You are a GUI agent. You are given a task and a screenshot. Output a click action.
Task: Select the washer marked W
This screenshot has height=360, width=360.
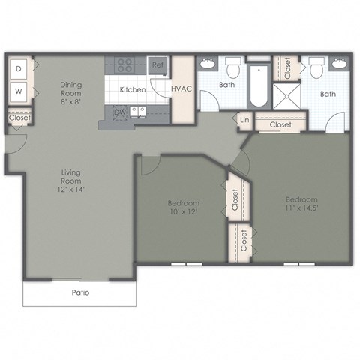[x=19, y=93]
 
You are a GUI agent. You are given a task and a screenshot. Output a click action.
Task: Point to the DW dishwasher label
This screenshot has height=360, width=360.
[x=120, y=112]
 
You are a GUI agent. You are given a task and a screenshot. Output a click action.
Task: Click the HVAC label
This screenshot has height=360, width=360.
[x=181, y=89]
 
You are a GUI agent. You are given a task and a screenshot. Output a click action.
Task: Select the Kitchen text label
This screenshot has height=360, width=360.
[x=133, y=89]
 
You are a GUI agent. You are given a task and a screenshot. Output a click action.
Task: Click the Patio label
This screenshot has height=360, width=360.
[x=80, y=292]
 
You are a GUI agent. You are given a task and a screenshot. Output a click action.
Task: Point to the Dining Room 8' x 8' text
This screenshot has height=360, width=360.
[x=72, y=90]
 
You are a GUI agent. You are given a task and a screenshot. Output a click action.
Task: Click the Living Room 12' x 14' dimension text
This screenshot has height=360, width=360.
[x=73, y=184]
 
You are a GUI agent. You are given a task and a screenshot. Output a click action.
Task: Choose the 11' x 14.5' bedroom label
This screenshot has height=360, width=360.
[x=301, y=205]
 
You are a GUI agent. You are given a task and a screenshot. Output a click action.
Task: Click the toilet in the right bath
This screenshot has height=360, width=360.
[x=316, y=70]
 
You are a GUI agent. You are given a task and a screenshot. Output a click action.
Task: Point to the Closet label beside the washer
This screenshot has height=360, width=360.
[x=19, y=118]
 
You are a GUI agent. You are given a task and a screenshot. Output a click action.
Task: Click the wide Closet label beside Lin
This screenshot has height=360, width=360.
[x=280, y=125]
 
